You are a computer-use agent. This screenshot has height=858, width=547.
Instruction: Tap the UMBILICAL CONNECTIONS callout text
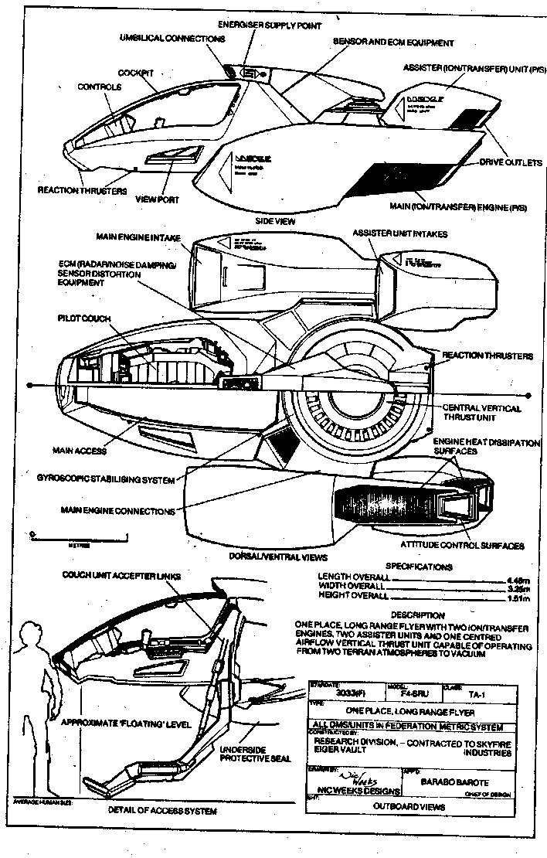[172, 38]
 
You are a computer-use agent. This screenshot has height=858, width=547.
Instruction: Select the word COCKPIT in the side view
[136, 71]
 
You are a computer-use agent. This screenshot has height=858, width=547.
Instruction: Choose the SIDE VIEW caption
[276, 220]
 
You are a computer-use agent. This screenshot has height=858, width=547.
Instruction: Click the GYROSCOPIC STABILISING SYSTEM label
[116, 479]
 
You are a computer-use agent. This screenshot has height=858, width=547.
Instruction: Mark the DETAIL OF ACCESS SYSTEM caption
[162, 811]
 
